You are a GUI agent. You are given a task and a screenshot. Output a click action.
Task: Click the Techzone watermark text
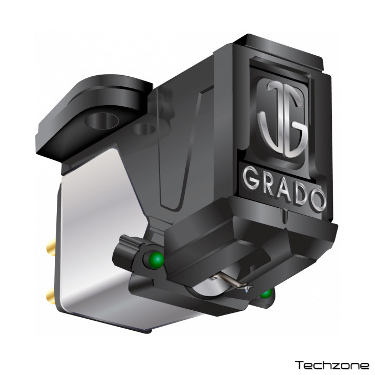[332, 365]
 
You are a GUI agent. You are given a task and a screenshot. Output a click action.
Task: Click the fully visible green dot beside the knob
[156, 259]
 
